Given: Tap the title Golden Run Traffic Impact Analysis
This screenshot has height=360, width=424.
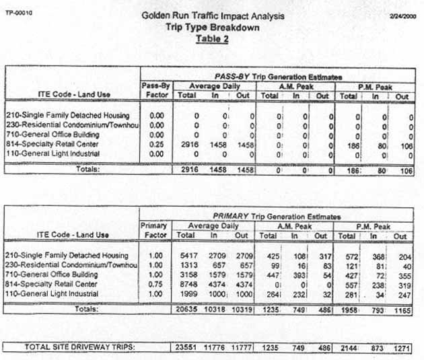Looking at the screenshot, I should click(213, 15).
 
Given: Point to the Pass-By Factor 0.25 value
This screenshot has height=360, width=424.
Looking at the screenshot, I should click(157, 145).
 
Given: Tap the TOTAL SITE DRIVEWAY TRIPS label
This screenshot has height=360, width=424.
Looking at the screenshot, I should click(69, 347).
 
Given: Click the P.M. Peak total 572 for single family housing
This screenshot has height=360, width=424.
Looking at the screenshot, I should click(349, 256).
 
